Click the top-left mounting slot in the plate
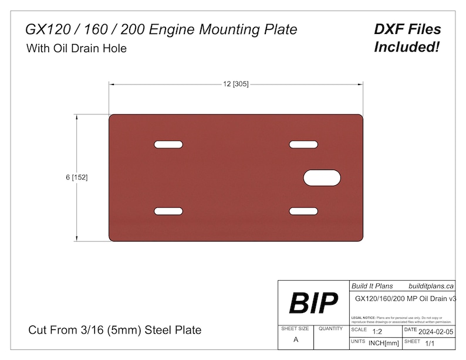168,144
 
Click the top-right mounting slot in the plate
303,144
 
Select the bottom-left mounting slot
168,211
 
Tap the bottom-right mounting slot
303,211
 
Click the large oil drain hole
323,178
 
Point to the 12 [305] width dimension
235,84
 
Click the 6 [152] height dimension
76,178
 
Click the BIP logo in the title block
313,303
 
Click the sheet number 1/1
430,342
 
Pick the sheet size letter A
295,340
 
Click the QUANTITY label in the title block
331,329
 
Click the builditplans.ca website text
431,286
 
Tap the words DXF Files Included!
407,38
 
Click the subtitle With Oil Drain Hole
76,49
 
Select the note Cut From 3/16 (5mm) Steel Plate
114,330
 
